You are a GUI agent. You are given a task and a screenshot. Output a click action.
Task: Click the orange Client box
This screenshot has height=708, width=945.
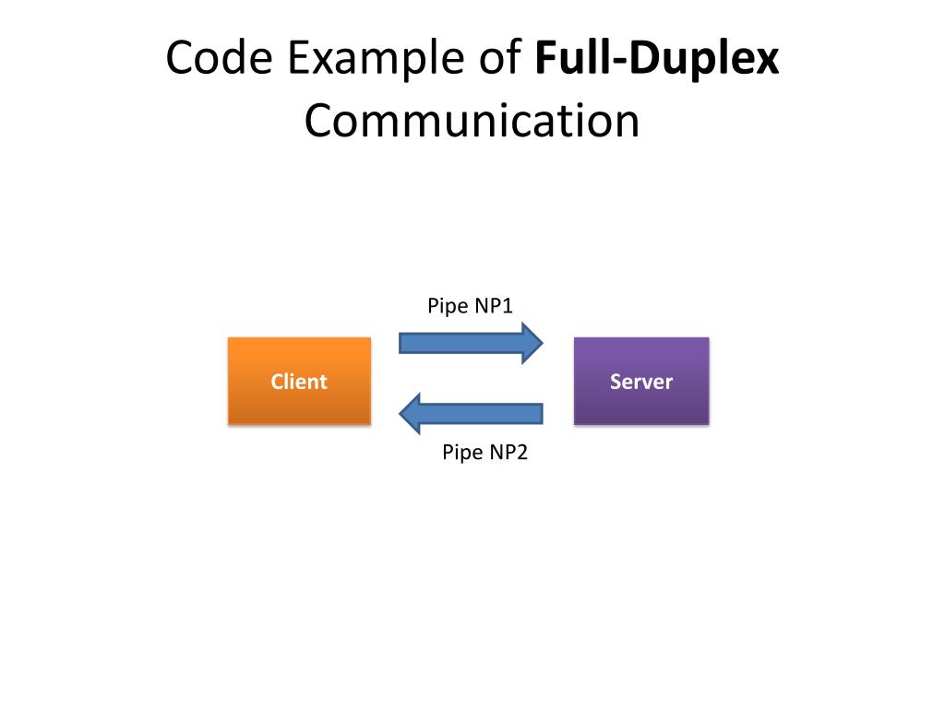tap(299, 381)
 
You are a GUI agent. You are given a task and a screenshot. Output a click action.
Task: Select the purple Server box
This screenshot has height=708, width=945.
tap(641, 381)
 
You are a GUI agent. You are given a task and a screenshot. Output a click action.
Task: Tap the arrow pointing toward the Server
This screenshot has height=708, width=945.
tap(471, 343)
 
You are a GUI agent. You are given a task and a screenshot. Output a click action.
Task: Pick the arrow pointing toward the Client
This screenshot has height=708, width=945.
tap(471, 413)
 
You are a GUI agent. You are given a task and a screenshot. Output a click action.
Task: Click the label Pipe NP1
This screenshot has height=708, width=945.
tap(470, 306)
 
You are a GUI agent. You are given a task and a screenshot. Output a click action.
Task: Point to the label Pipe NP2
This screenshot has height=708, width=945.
tap(484, 453)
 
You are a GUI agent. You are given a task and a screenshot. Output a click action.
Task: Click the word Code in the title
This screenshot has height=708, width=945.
tap(220, 60)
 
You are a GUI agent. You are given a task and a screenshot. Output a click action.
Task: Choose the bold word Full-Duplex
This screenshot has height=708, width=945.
tap(657, 60)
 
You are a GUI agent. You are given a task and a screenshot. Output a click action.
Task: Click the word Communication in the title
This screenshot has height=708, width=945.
tap(472, 121)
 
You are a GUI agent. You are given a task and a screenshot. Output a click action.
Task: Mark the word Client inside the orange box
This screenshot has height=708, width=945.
tap(299, 382)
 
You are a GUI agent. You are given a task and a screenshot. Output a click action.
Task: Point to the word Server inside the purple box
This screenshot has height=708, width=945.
tap(641, 382)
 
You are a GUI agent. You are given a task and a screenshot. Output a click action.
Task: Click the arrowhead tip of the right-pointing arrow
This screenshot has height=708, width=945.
tap(544, 343)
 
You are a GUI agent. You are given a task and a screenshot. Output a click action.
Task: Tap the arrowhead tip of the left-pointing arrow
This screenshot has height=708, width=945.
tap(401, 413)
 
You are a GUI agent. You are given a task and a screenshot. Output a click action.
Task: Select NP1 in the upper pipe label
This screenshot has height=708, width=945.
tap(494, 306)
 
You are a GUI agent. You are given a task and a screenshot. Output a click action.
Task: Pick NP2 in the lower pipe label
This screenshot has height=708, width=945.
tap(508, 453)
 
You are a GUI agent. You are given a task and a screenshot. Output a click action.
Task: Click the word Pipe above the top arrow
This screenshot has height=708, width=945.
tap(447, 306)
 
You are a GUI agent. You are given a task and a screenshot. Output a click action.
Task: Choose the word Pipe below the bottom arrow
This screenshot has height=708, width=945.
tap(461, 453)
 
